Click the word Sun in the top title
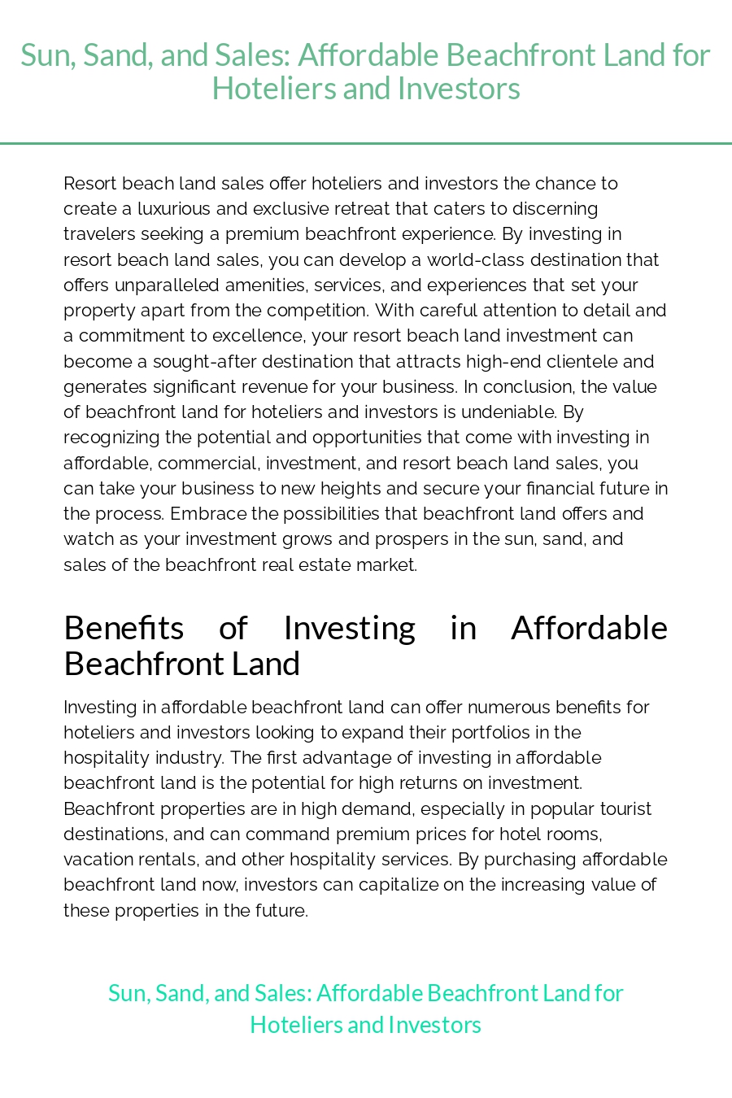point(46,55)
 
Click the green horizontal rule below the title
point(366,144)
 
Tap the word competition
point(324,311)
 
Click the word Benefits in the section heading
point(124,628)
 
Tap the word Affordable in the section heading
point(589,628)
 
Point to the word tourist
point(621,809)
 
